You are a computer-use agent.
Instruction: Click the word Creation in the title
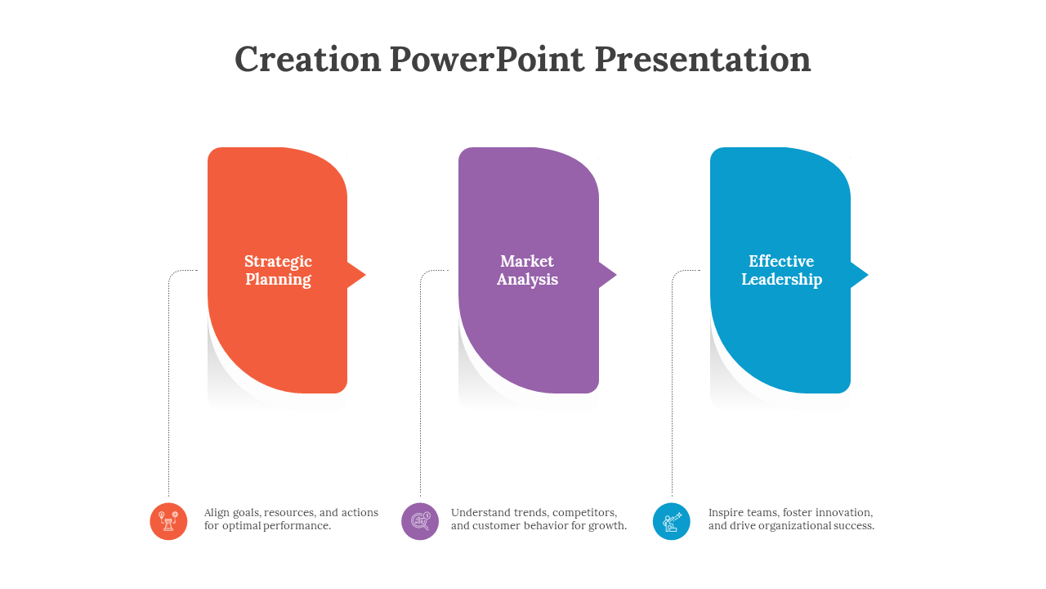click(308, 60)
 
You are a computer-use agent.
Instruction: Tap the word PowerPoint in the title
click(486, 60)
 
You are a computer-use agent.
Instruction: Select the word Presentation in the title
click(702, 61)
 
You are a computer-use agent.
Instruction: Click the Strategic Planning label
click(279, 270)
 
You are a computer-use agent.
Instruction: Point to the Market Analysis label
click(527, 270)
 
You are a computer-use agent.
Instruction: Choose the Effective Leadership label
click(782, 270)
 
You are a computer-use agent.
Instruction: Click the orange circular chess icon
click(168, 521)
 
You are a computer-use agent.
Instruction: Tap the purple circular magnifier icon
click(420, 521)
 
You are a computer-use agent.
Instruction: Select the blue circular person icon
click(672, 521)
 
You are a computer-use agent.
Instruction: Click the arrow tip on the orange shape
click(365, 275)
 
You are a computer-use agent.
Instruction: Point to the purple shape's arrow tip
click(616, 275)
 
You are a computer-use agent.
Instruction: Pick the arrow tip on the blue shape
click(868, 275)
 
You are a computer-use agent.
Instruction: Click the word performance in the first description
click(297, 526)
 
